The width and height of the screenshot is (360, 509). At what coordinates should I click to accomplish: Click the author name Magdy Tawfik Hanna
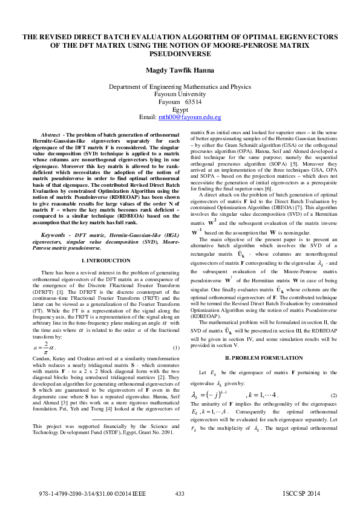point(180,70)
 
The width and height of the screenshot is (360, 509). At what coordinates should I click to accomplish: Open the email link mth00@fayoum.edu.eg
point(189,116)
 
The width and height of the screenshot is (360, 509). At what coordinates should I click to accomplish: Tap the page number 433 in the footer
point(180,494)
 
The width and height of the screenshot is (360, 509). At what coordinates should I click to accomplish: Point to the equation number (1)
point(176,348)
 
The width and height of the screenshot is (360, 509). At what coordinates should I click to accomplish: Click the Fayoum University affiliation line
point(180,94)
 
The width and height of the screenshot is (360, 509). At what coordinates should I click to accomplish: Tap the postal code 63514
point(193,102)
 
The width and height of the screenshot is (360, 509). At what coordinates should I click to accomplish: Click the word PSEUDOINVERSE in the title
point(180,53)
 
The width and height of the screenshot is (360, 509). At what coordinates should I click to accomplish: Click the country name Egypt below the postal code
point(180,109)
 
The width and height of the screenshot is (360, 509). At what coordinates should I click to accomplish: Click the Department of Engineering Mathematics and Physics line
point(180,87)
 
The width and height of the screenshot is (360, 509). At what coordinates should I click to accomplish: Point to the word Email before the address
point(148,116)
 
